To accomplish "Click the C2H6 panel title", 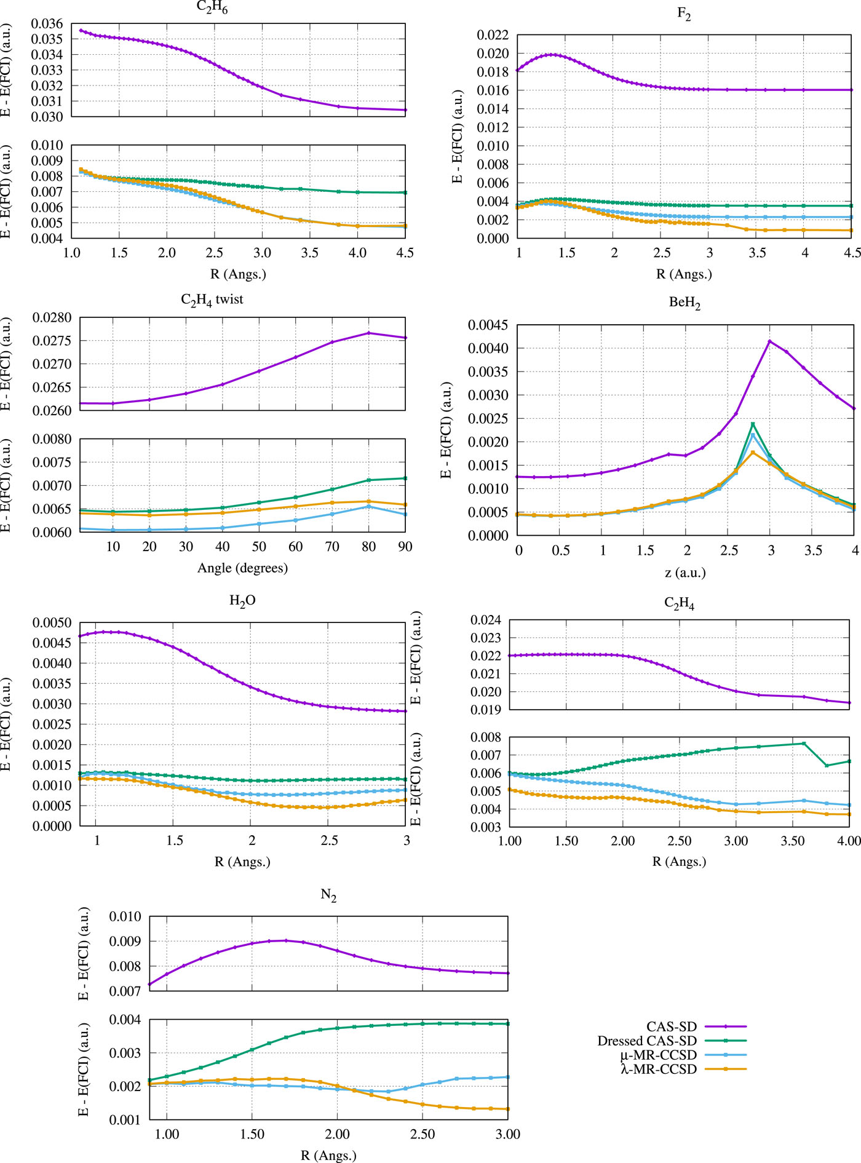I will point(212,7).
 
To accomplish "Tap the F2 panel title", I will point(684,15).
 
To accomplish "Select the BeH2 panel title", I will point(684,303).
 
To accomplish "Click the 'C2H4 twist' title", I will point(212,300).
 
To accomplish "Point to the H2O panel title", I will point(242,601).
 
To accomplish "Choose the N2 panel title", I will point(328,895).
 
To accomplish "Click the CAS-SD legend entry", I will point(672,1026).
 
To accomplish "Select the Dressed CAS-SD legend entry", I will point(647,1041).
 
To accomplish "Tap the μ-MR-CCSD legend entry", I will point(659,1055).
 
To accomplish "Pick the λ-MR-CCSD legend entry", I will point(659,1069).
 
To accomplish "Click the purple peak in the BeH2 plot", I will point(770,341).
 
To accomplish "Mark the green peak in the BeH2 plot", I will point(753,424).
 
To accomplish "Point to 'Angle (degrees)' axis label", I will point(242,568).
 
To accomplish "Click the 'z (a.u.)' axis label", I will point(685,573).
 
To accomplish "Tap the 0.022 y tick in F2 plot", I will point(493,35).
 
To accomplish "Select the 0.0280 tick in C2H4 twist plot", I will point(52,318).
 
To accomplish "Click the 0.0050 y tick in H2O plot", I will point(52,623).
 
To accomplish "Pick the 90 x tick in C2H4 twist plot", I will point(405,547).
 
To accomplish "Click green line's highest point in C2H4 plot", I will point(804,744).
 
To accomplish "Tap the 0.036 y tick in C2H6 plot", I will point(47,24).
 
